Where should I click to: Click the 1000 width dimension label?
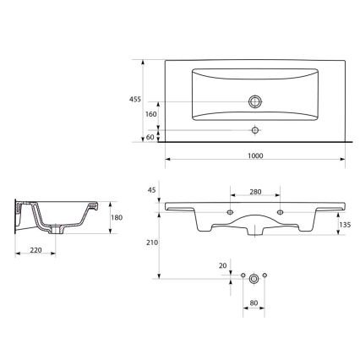coord(256,155)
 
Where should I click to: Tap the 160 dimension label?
coord(151,113)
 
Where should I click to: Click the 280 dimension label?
coord(255,192)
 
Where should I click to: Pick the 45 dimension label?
coord(152,190)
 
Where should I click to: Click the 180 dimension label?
coord(117,218)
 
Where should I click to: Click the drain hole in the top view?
coord(255,101)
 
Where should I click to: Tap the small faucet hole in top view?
coord(255,130)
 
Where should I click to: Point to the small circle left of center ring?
coord(242,276)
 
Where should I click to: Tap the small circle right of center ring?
coord(265,276)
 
